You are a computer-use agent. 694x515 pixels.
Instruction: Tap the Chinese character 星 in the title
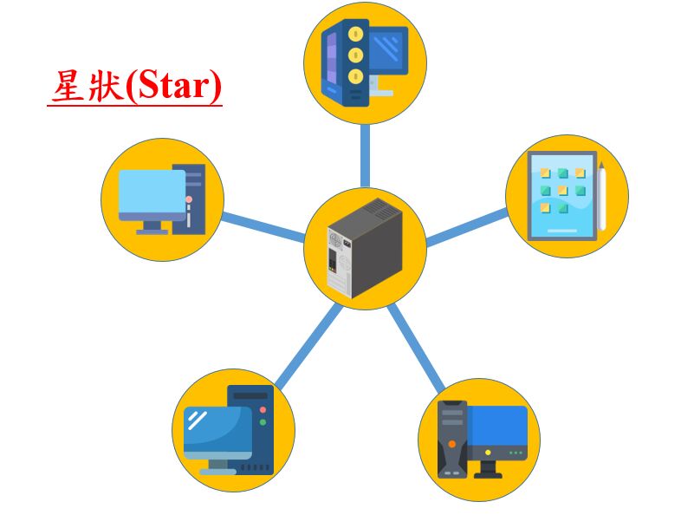click(69, 86)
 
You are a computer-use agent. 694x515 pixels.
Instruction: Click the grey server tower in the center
click(365, 248)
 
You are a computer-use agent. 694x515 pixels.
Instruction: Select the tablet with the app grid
click(562, 196)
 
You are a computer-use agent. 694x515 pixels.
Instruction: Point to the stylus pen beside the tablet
click(601, 196)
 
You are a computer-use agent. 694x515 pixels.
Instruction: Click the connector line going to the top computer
click(365, 155)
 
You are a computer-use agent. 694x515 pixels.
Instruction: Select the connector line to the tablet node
click(467, 228)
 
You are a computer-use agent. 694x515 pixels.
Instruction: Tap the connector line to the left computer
click(263, 227)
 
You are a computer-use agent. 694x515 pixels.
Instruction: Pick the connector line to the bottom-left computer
click(309, 347)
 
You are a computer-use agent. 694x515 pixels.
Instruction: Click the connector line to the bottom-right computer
click(416, 349)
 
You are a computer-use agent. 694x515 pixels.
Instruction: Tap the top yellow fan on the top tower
click(355, 34)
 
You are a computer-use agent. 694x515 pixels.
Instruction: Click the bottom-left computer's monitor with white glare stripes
click(217, 433)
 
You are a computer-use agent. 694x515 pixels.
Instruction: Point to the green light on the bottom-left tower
click(263, 422)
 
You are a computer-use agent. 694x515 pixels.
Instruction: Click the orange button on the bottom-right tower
click(452, 444)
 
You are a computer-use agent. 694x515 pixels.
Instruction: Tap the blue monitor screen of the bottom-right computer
click(497, 426)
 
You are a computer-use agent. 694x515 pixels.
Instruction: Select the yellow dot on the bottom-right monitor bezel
click(488, 453)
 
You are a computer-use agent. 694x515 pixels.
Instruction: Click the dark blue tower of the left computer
click(189, 199)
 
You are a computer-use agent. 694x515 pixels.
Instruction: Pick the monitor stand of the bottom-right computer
click(488, 469)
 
